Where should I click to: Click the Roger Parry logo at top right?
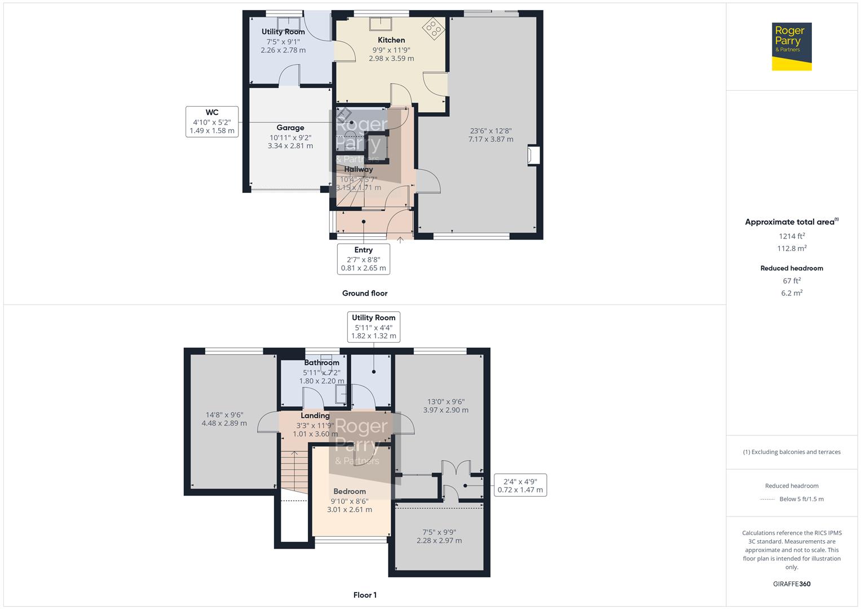tap(791, 46)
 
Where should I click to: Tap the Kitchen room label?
tap(391, 40)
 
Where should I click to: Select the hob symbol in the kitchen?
tap(434, 29)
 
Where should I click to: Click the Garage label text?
tap(290, 128)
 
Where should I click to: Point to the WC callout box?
tap(212, 121)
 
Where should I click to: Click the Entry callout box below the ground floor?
tap(364, 259)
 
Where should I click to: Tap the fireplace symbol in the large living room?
tap(533, 156)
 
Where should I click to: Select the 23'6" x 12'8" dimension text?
tap(491, 131)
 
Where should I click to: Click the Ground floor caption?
tap(365, 293)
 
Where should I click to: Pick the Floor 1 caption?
tap(365, 595)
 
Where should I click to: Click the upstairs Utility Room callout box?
tap(373, 326)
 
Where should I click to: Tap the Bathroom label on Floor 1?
tap(321, 363)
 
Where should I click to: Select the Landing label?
tap(315, 416)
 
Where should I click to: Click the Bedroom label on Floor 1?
tap(350, 491)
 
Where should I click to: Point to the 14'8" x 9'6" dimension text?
tap(224, 414)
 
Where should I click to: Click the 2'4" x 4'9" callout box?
tap(520, 486)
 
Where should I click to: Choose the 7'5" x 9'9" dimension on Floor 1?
tap(439, 532)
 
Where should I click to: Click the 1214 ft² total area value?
tap(792, 236)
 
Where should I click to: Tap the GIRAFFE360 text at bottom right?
tap(792, 584)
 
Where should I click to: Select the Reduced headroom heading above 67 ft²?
tap(792, 268)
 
